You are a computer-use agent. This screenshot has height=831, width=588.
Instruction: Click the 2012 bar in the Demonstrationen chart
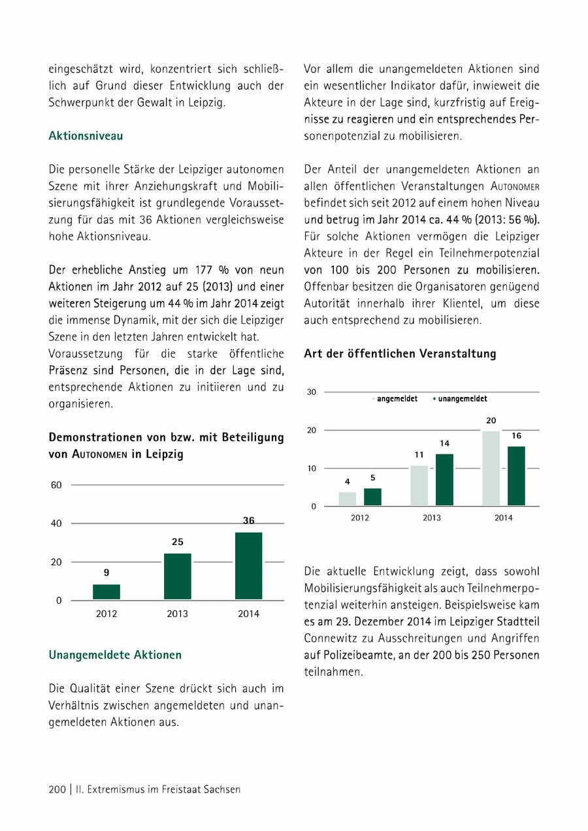tap(106, 591)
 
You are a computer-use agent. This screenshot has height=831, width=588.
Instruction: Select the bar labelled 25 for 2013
tap(178, 576)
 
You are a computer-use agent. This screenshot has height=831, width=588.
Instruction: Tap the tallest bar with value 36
tap(248, 566)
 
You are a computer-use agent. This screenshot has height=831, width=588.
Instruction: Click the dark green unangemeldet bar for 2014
tap(516, 476)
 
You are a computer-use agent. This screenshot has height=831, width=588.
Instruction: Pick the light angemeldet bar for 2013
tap(419, 486)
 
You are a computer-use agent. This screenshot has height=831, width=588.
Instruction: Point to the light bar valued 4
tap(348, 499)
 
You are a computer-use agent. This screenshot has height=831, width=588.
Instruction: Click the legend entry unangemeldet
tap(462, 398)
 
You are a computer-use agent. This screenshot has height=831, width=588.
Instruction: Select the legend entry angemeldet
tap(397, 398)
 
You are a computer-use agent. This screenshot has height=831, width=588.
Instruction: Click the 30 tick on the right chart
tap(311, 392)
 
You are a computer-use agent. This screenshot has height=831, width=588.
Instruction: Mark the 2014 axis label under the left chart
tap(248, 614)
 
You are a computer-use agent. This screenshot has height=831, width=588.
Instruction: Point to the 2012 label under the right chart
tap(360, 518)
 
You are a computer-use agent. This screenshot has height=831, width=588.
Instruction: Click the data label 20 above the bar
tap(491, 422)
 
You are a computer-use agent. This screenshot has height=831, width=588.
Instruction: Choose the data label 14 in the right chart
tap(444, 444)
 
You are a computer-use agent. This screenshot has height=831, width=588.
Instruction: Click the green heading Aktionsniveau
tap(86, 136)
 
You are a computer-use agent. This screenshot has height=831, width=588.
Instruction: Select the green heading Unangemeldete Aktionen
tap(115, 654)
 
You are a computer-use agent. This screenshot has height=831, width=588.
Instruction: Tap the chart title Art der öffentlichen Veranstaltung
tap(400, 354)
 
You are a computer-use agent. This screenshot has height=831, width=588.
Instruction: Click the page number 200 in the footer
tap(57, 789)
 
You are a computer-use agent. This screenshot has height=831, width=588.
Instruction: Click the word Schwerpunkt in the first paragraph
tap(80, 102)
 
